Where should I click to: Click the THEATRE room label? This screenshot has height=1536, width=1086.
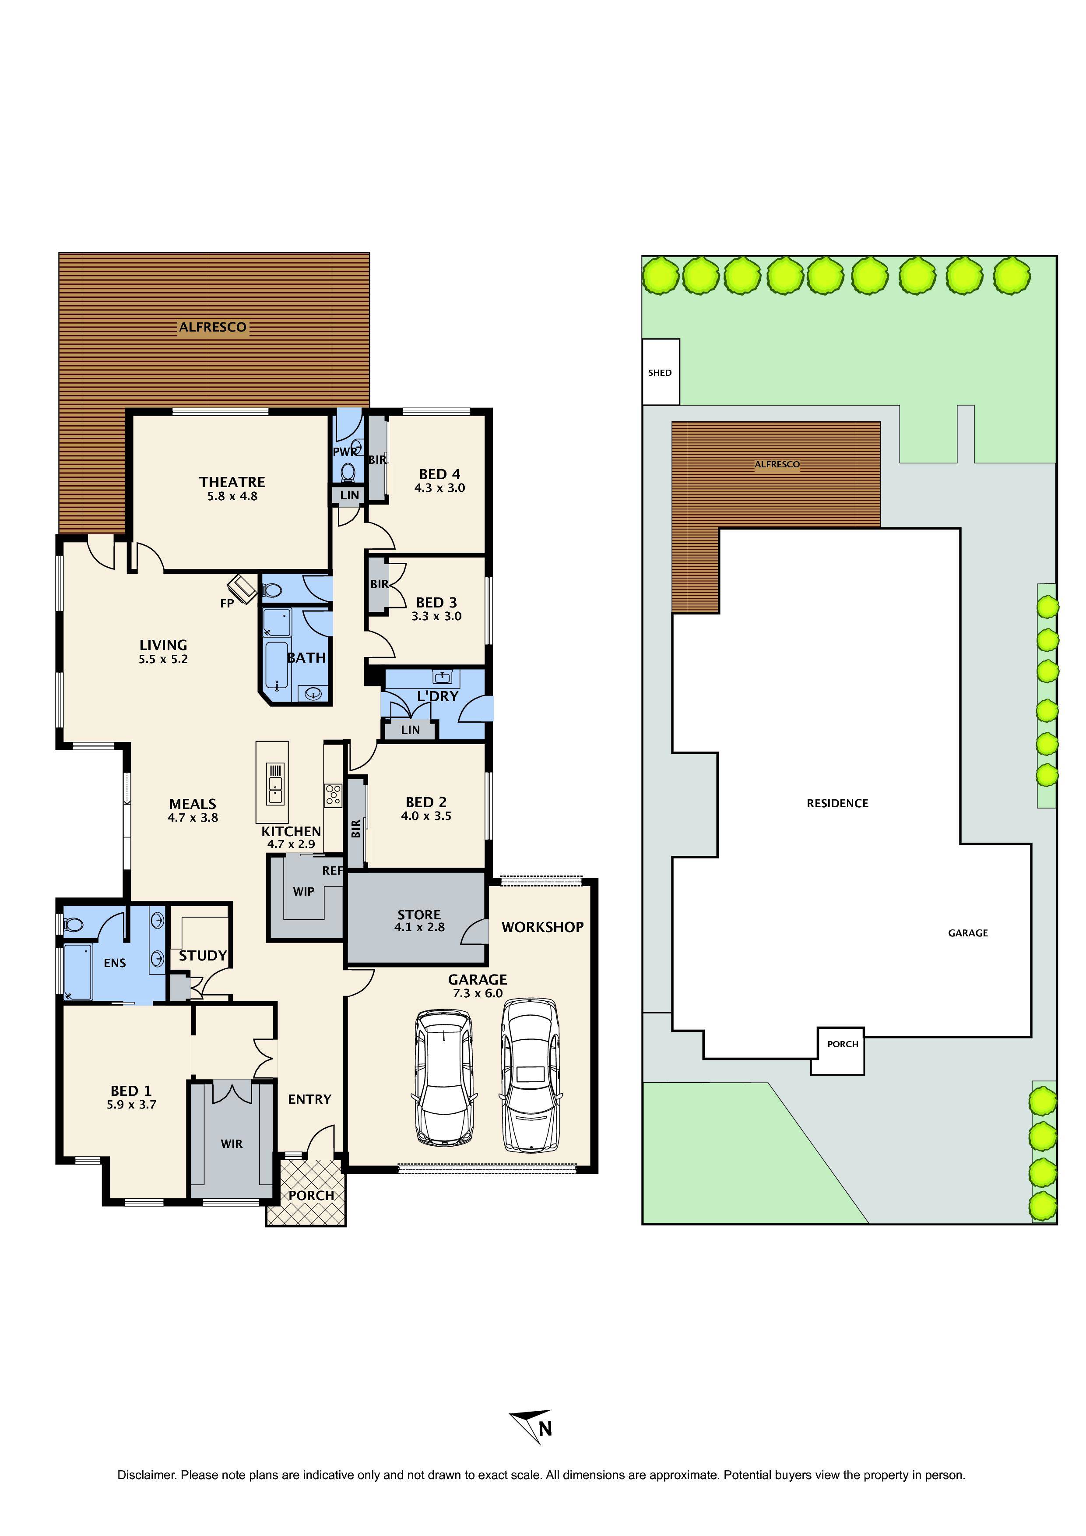click(232, 482)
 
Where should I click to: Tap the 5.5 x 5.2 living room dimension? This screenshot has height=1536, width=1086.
click(163, 659)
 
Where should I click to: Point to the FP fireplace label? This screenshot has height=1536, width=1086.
click(227, 604)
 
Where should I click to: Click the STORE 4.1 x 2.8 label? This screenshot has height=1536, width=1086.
click(419, 921)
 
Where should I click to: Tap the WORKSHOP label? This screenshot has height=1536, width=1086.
click(542, 927)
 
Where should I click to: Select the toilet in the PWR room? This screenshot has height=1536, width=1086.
click(348, 473)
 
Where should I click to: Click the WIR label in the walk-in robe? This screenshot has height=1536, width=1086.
click(232, 1144)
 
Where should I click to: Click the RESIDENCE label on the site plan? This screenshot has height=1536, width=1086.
click(837, 803)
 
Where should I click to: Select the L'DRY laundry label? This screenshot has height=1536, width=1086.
click(437, 696)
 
